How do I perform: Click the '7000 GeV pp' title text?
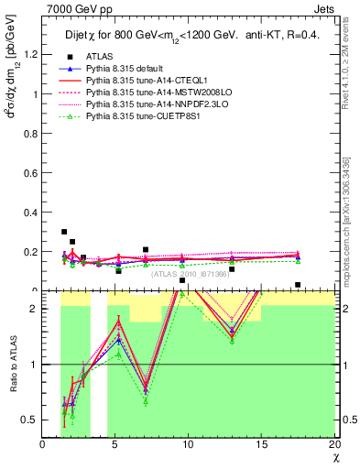tap(75, 7)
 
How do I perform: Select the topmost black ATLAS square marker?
tap(64, 233)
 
